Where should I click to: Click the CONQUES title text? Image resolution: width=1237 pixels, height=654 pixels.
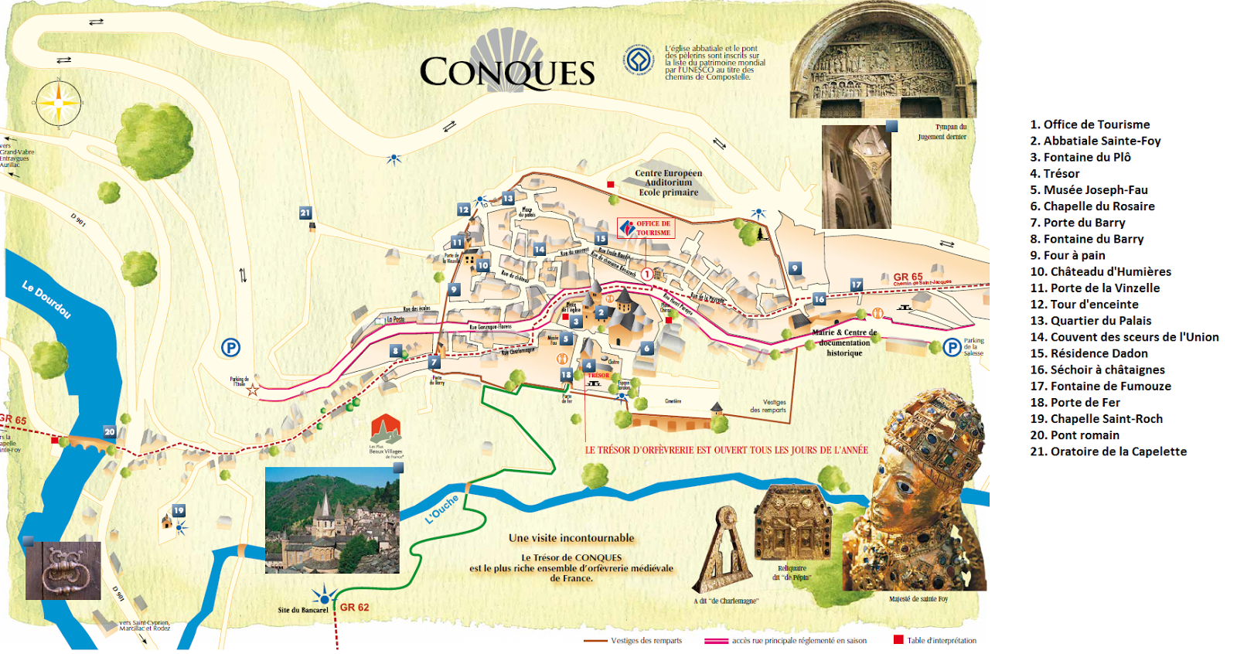(507, 73)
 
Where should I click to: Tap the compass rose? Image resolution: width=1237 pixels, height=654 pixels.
(58, 102)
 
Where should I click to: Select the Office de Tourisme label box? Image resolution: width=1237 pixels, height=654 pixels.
(646, 228)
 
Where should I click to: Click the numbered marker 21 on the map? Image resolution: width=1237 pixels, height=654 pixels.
(305, 213)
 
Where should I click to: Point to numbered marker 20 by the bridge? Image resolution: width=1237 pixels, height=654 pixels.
(109, 432)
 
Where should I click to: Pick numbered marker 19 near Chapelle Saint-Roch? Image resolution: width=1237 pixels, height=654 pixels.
(179, 511)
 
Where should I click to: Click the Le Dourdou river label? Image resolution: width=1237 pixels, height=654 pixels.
(46, 299)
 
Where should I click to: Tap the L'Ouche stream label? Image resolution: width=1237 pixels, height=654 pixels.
(441, 509)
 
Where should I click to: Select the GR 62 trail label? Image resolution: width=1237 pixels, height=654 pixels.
(354, 608)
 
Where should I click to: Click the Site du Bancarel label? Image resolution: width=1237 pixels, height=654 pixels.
(302, 610)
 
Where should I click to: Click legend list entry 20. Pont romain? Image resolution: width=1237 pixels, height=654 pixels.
(1074, 435)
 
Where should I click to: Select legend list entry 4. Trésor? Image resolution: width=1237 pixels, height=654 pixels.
(1055, 174)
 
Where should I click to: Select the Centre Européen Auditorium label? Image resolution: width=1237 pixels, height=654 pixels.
(668, 183)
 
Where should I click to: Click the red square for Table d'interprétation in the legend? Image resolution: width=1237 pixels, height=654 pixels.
(898, 639)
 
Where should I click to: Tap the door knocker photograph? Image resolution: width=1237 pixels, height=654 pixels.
(63, 571)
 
